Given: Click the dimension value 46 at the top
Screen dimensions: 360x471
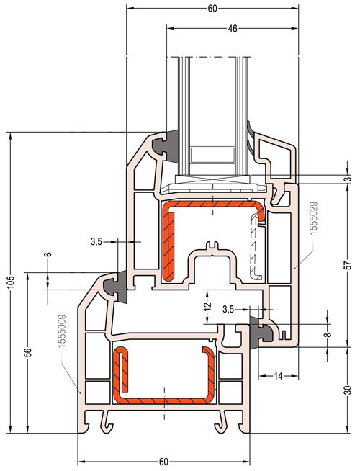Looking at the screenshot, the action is pyautogui.click(x=233, y=29).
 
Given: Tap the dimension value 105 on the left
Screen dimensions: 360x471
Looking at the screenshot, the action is pyautogui.click(x=11, y=282).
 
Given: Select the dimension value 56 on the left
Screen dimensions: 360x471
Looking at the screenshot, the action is pyautogui.click(x=27, y=352).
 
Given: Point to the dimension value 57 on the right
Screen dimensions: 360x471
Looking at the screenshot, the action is pyautogui.click(x=348, y=265).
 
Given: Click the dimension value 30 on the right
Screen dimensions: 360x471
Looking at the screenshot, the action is pyautogui.click(x=348, y=390).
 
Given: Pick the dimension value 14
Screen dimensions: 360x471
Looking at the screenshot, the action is pyautogui.click(x=279, y=376).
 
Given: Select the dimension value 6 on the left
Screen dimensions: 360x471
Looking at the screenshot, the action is pyautogui.click(x=48, y=254).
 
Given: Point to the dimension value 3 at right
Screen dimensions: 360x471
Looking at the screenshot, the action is pyautogui.click(x=348, y=179).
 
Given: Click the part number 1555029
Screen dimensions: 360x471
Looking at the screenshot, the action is pyautogui.click(x=314, y=218).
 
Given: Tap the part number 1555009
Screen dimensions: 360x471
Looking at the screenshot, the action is pyautogui.click(x=62, y=331).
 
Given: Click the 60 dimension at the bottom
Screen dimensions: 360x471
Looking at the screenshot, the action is pyautogui.click(x=163, y=462).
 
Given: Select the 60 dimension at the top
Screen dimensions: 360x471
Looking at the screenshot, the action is pyautogui.click(x=212, y=9).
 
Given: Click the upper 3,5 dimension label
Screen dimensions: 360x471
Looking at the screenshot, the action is pyautogui.click(x=96, y=241).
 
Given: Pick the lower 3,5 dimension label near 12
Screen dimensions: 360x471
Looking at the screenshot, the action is pyautogui.click(x=228, y=309).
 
